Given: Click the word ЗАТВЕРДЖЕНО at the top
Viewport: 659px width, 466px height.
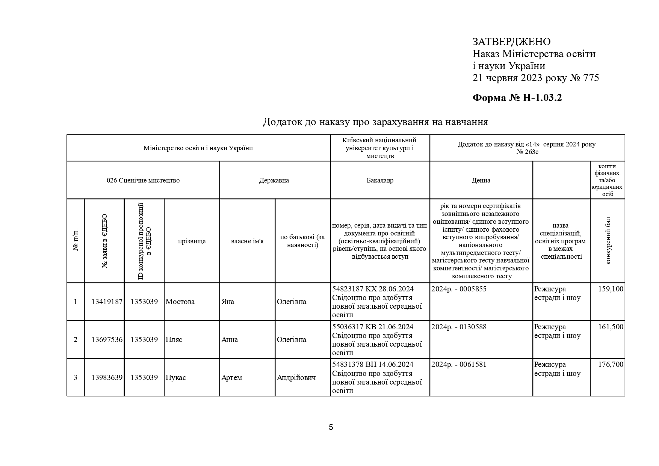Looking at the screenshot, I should click(511, 42).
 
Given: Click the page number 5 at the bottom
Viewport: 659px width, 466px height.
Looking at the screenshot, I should click(331, 427).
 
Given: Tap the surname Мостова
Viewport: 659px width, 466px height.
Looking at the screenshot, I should click(180, 302).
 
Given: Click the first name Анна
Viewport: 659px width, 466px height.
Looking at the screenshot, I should click(230, 340).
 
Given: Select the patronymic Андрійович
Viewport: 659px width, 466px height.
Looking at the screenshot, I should click(296, 378).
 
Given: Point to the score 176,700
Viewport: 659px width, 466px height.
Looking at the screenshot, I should click(611, 365).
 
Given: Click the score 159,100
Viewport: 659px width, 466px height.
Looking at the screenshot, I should click(611, 289).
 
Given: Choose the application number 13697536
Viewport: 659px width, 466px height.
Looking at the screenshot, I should click(107, 340).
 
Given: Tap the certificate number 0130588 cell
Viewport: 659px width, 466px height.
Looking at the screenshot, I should click(459, 327).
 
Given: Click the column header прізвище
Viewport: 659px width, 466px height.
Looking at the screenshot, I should click(192, 241).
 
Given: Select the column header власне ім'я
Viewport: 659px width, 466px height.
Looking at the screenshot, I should click(247, 241).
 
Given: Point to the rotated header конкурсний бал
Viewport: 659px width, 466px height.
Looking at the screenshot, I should click(608, 241).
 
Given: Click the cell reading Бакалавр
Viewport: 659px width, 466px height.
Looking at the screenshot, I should click(380, 180).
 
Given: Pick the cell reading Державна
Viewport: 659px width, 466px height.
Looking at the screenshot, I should click(274, 180).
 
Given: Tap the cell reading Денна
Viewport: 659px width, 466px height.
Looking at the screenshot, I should click(481, 180).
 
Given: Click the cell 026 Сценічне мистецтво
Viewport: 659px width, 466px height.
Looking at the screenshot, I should click(143, 180).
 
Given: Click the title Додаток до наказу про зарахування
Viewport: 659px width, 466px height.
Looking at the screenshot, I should click(375, 122).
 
